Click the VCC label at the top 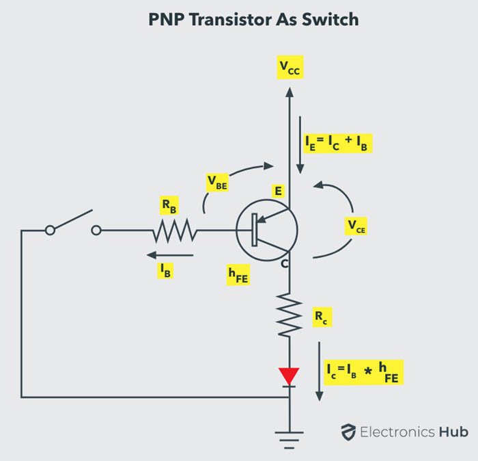tap(289, 67)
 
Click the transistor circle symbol tap(266, 231)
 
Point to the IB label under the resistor tap(165, 271)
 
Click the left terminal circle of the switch tap(50, 231)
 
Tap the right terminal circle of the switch tap(96, 231)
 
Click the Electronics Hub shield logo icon tap(348, 432)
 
